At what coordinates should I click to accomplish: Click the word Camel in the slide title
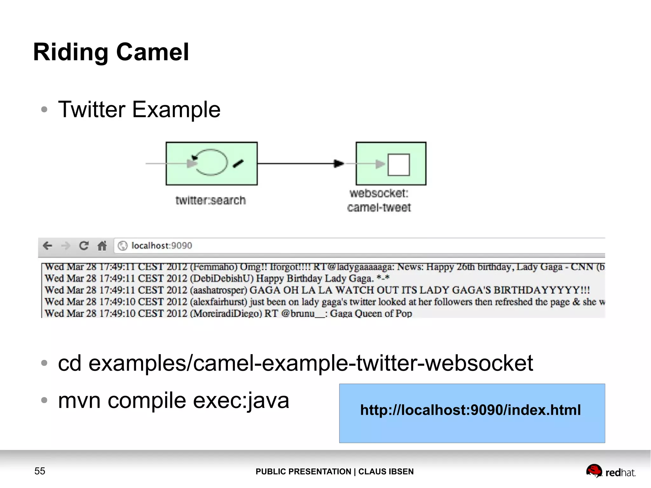click(x=153, y=52)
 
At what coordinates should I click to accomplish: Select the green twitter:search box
click(x=211, y=163)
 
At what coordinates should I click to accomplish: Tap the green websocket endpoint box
click(x=391, y=163)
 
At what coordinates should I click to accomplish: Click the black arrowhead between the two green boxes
click(x=339, y=163)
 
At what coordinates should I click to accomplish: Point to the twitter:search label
click(x=210, y=200)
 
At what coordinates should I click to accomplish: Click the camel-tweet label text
click(x=379, y=208)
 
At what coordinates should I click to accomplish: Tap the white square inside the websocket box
click(x=399, y=165)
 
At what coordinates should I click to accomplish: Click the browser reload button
click(x=84, y=246)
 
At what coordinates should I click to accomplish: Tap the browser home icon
click(x=102, y=246)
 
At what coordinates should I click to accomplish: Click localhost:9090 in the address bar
click(x=161, y=246)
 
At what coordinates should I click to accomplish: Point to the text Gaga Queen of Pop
click(x=371, y=313)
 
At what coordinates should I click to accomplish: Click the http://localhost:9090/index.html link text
click(x=470, y=410)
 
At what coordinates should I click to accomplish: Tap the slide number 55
click(x=40, y=471)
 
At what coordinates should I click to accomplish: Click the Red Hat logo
click(x=610, y=471)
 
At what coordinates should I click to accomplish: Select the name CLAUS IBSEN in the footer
click(x=386, y=471)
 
